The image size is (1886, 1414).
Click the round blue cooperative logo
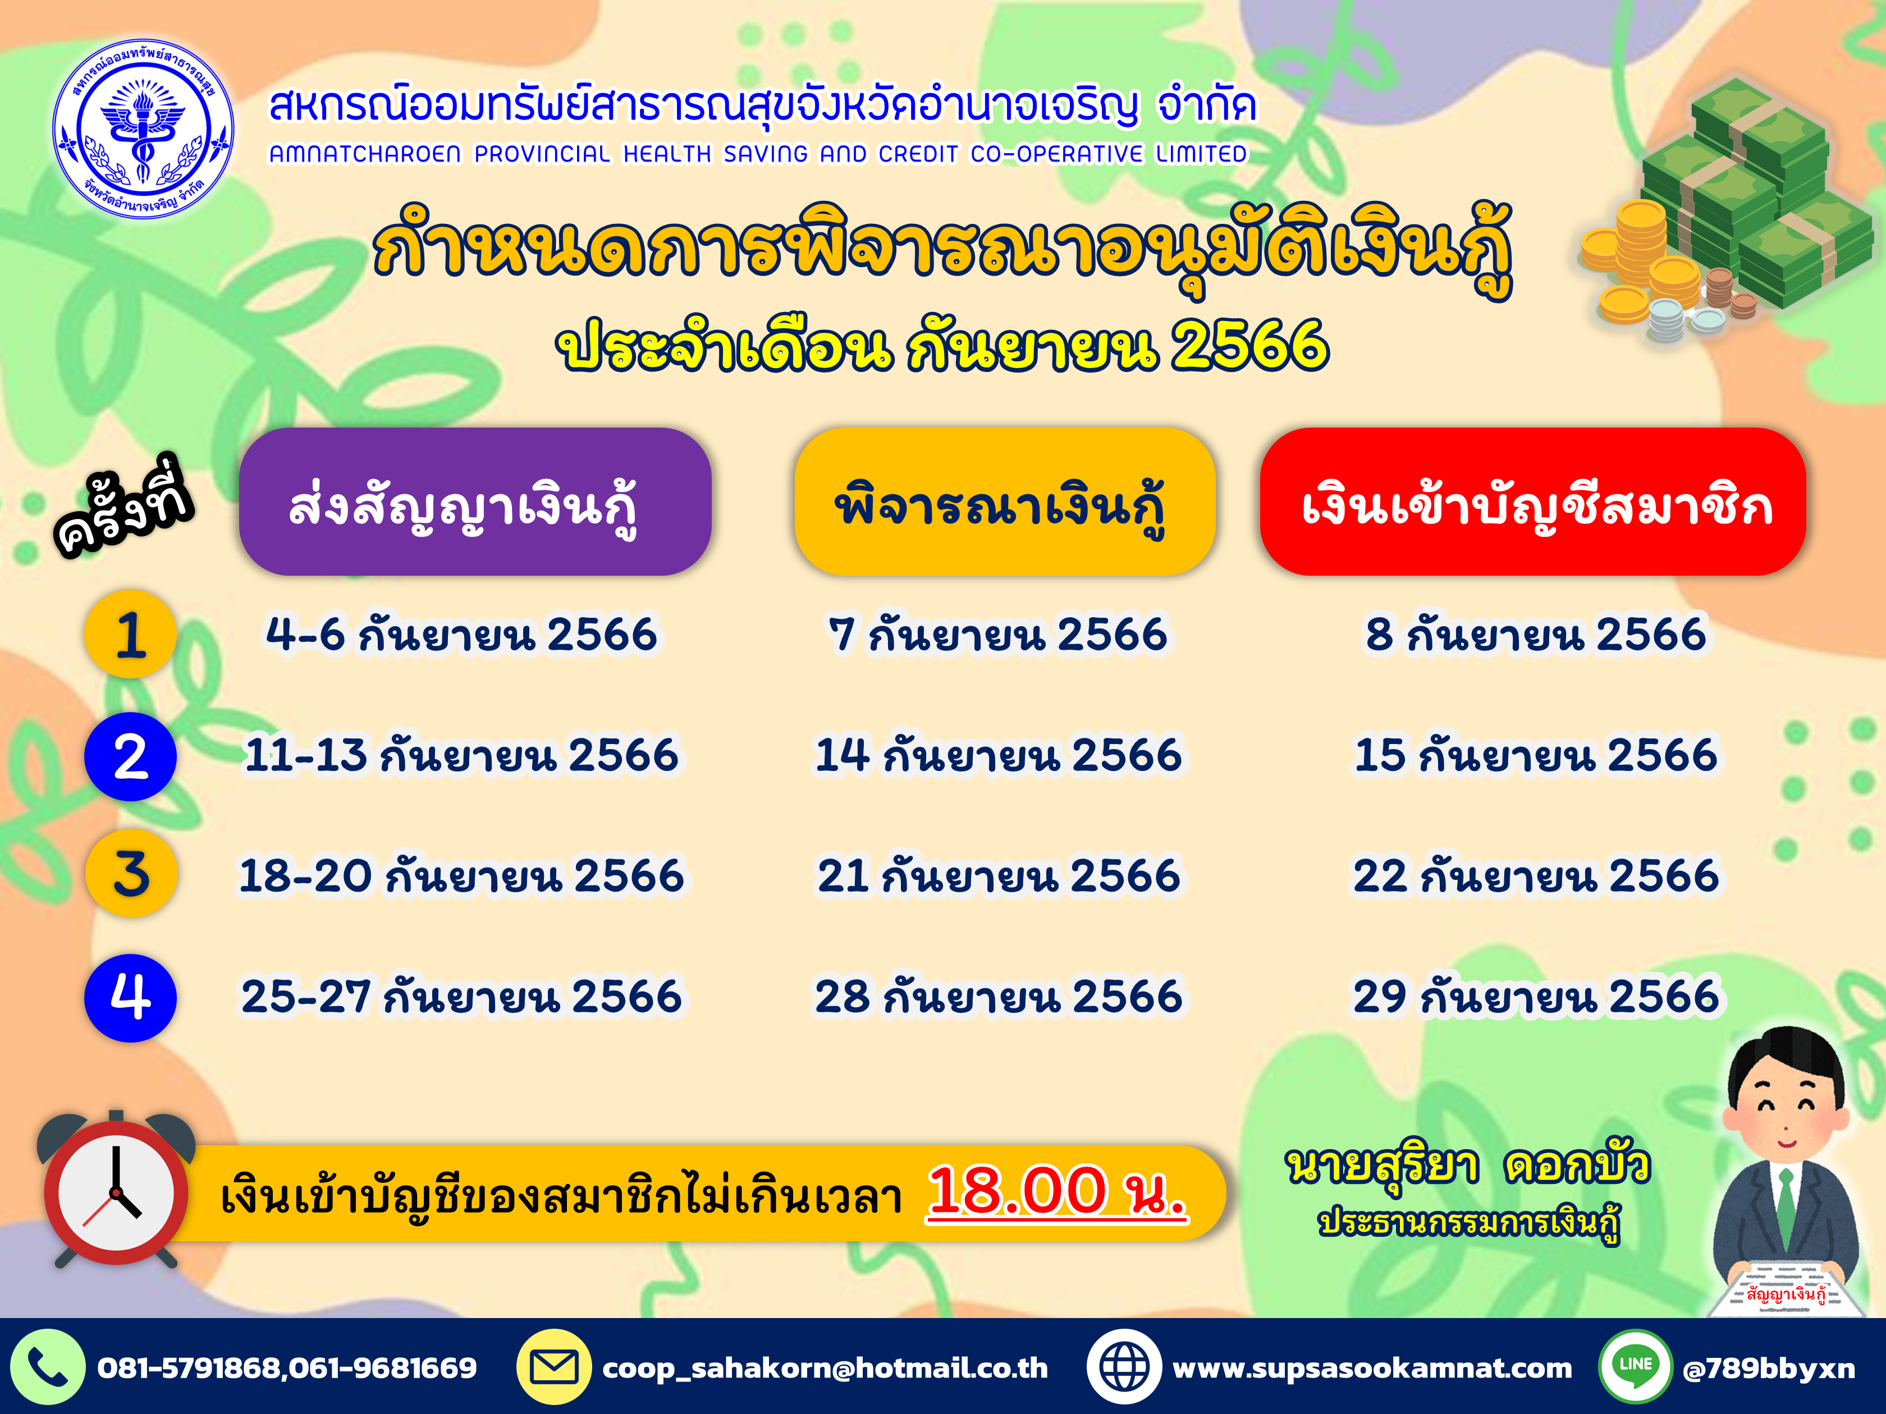(x=143, y=128)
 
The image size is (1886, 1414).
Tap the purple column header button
(x=475, y=501)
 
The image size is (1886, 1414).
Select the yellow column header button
(x=1004, y=501)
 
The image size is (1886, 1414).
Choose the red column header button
(x=1532, y=501)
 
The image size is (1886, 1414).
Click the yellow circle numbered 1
(x=130, y=634)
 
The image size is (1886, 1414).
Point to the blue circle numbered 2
(x=130, y=756)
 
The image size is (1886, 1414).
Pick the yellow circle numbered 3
(x=130, y=874)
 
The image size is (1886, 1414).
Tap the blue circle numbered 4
(x=130, y=997)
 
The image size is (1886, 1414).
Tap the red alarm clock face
(x=116, y=1192)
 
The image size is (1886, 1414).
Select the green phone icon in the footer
(x=47, y=1367)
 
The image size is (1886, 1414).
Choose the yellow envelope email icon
(x=554, y=1367)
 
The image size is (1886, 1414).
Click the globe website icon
(x=1124, y=1367)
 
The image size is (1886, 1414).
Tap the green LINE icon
(x=1635, y=1367)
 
